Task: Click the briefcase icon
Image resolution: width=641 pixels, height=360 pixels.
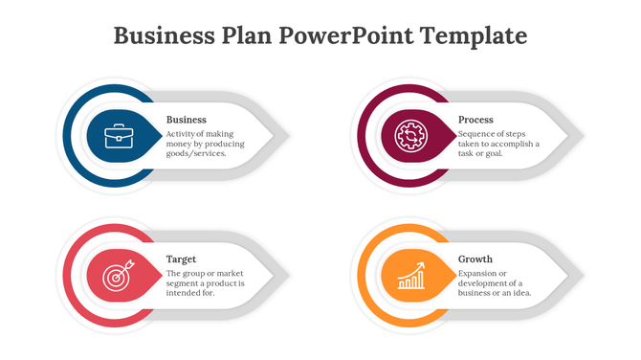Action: pyautogui.click(x=120, y=136)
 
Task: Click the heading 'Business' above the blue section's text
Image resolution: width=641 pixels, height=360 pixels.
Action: pyautogui.click(x=186, y=120)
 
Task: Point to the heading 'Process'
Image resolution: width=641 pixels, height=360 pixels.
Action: pyautogui.click(x=475, y=120)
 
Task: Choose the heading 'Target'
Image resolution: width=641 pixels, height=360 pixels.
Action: pyautogui.click(x=182, y=259)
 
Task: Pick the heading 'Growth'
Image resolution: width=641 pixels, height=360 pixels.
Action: pyautogui.click(x=475, y=259)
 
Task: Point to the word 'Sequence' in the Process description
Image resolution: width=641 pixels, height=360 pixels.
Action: pyautogui.click(x=476, y=134)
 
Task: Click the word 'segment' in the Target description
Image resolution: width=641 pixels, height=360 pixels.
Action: pyautogui.click(x=186, y=283)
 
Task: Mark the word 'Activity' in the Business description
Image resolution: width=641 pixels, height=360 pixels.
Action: pyautogui.click(x=182, y=134)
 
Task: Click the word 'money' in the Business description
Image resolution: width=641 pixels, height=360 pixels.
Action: pyautogui.click(x=181, y=144)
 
